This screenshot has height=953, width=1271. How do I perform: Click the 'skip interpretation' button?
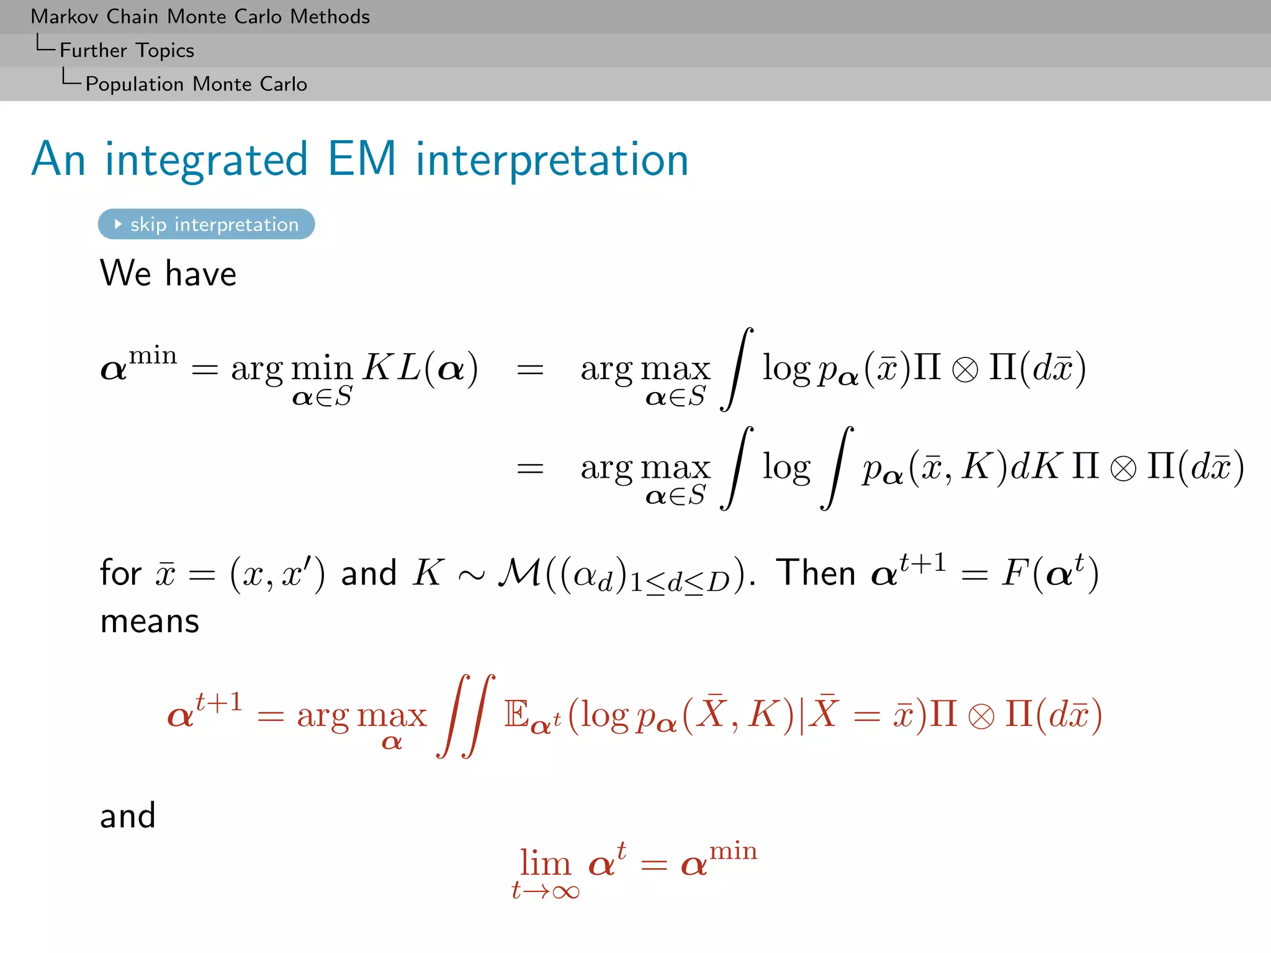coord(207,224)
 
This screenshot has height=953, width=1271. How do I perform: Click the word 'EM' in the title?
coord(361,159)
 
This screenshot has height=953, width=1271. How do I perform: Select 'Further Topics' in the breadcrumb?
coord(127,50)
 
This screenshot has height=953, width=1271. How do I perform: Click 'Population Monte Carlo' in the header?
coord(196,84)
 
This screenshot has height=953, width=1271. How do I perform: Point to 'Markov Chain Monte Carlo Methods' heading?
coord(200,17)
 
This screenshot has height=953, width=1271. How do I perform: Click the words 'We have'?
coord(168,274)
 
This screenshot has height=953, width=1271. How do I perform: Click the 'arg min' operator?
coord(292,369)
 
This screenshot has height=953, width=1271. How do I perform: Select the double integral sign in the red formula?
coord(466,715)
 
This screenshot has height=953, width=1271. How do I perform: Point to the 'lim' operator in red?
coord(545,862)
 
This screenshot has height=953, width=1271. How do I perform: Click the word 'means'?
coord(150,621)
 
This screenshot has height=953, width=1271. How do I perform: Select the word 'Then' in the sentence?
coord(815,572)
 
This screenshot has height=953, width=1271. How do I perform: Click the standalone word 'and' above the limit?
coord(128,815)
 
